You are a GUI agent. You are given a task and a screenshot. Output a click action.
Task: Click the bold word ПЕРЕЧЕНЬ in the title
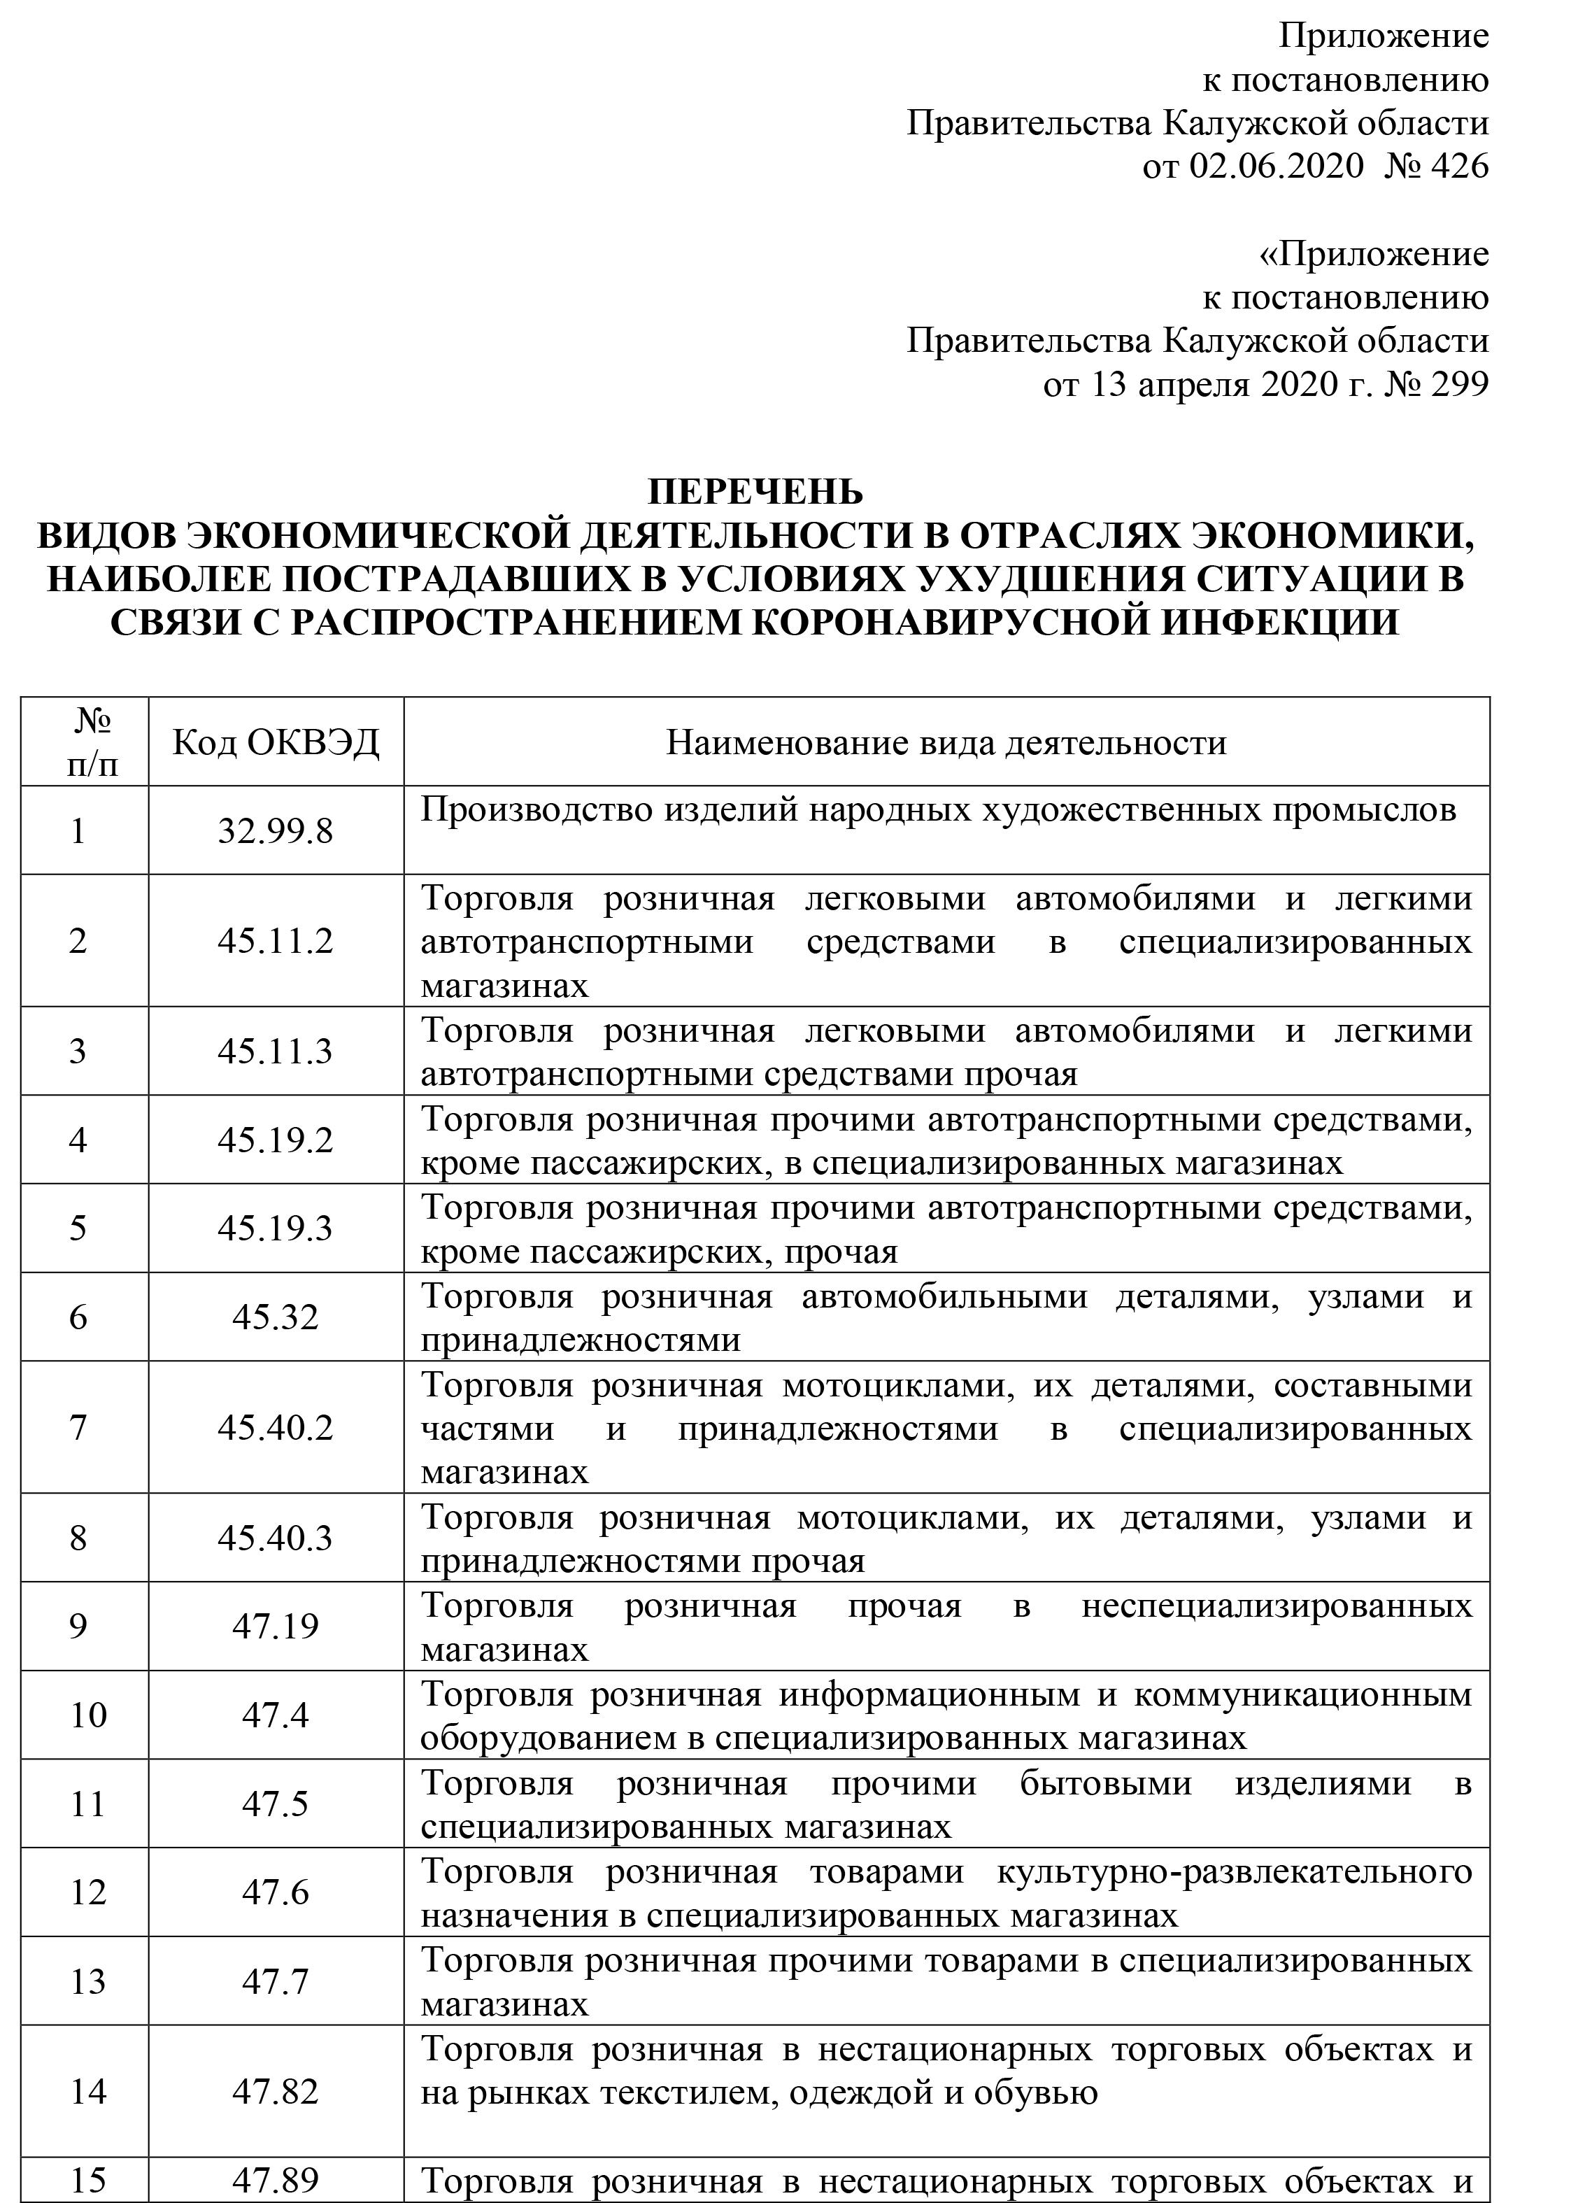coord(755,493)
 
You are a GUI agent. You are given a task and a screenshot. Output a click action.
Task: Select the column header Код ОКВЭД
coord(276,743)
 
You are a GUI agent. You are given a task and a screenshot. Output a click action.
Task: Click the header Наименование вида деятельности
coord(946,743)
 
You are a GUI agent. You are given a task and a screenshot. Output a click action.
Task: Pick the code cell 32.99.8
coord(276,832)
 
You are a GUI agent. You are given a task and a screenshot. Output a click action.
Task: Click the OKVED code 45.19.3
coord(276,1228)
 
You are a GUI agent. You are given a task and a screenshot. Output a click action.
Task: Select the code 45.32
coord(276,1317)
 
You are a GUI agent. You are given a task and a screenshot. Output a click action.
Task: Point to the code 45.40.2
coord(276,1428)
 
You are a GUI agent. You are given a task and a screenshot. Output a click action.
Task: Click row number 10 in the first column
coord(88,1715)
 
